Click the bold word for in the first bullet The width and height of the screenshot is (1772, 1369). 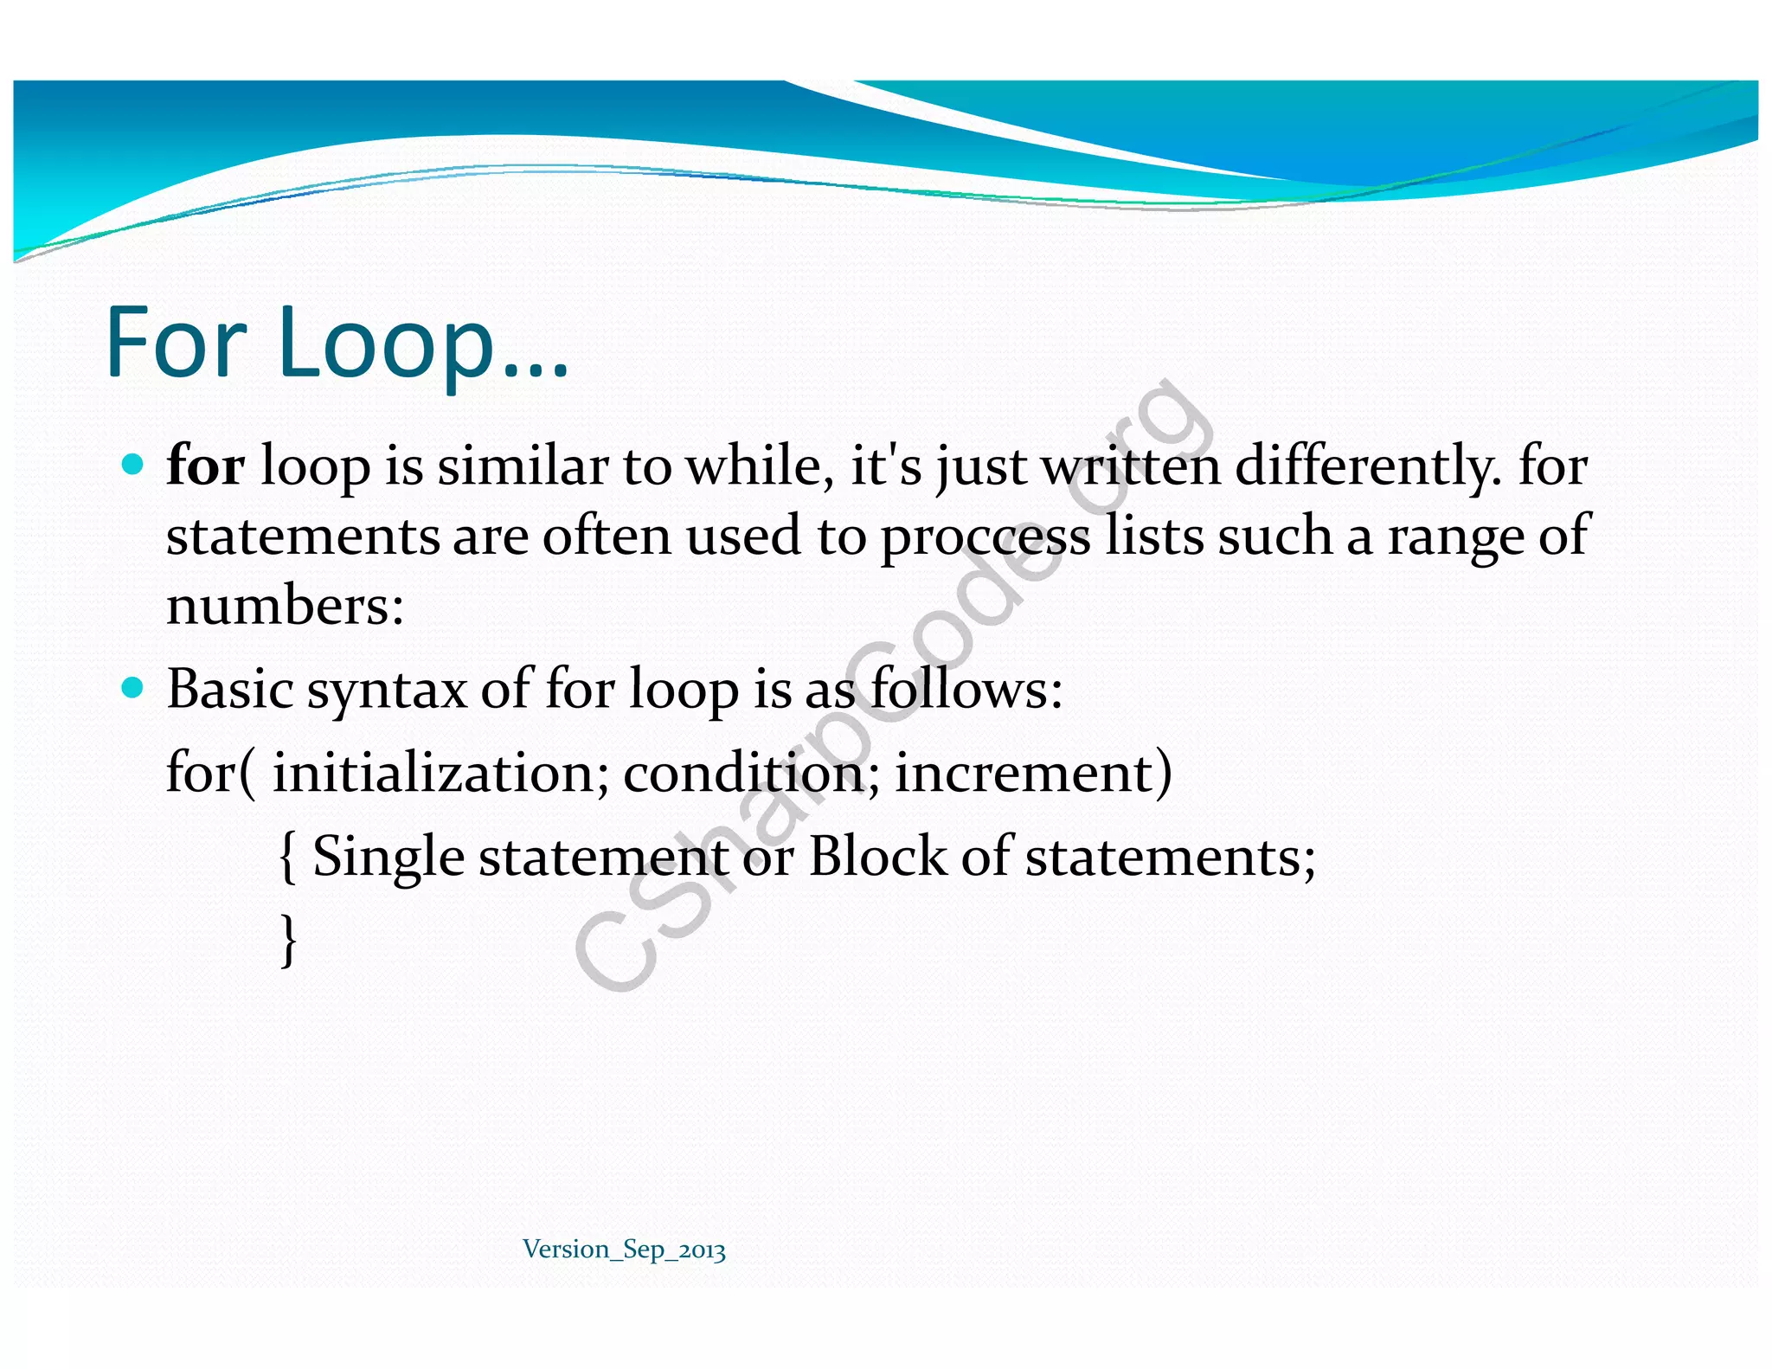pyautogui.click(x=205, y=466)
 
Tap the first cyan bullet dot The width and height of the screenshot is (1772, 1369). pyautogui.click(x=132, y=465)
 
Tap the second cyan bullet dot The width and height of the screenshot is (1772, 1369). pyautogui.click(x=132, y=688)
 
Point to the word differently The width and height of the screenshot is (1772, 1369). pyautogui.click(x=1366, y=466)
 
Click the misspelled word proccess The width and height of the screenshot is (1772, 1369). pyautogui.click(x=986, y=537)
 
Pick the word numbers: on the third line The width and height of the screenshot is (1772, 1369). pyautogui.click(x=285, y=605)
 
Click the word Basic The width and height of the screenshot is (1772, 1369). pyautogui.click(x=229, y=689)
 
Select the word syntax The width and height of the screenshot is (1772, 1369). pyautogui.click(x=387, y=691)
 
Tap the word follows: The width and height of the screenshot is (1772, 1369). pyautogui.click(x=966, y=689)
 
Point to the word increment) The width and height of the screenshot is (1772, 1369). pyautogui.click(x=1033, y=772)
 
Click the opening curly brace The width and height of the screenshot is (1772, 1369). pyautogui.click(x=288, y=857)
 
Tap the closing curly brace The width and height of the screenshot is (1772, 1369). pyautogui.click(x=289, y=940)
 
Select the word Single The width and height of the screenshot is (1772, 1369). pyautogui.click(x=388, y=857)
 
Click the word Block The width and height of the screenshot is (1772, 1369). pyautogui.click(x=876, y=857)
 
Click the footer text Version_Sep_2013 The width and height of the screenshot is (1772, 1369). pyautogui.click(x=624, y=1250)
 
